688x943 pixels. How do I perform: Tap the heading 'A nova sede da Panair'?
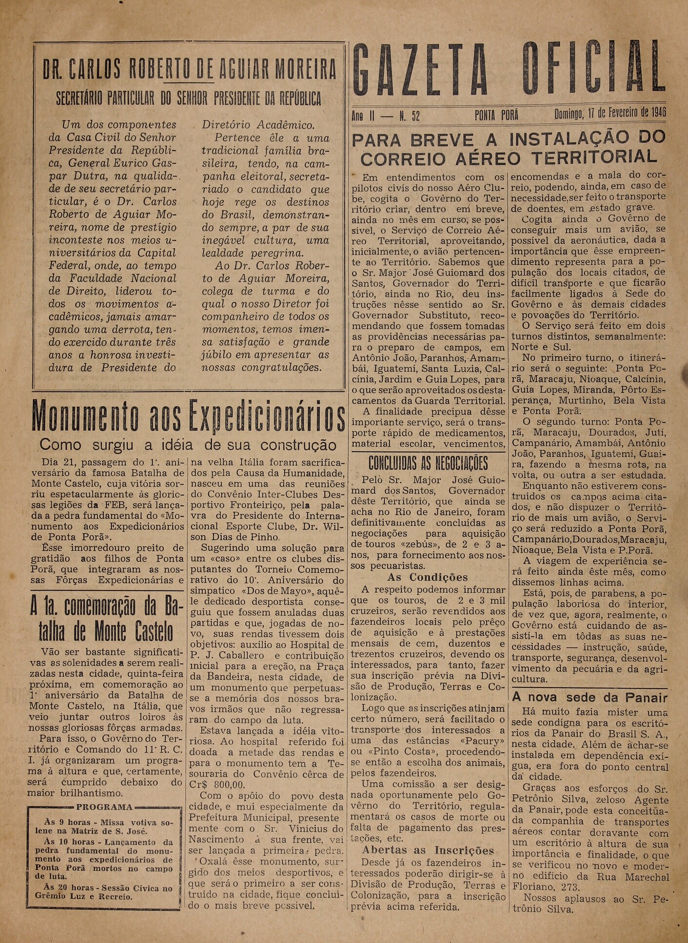(590, 697)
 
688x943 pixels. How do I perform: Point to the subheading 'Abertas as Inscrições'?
(428, 851)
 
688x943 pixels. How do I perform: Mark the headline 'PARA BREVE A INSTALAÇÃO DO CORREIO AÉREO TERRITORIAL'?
(508, 148)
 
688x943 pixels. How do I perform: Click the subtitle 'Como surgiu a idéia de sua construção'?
(188, 445)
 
